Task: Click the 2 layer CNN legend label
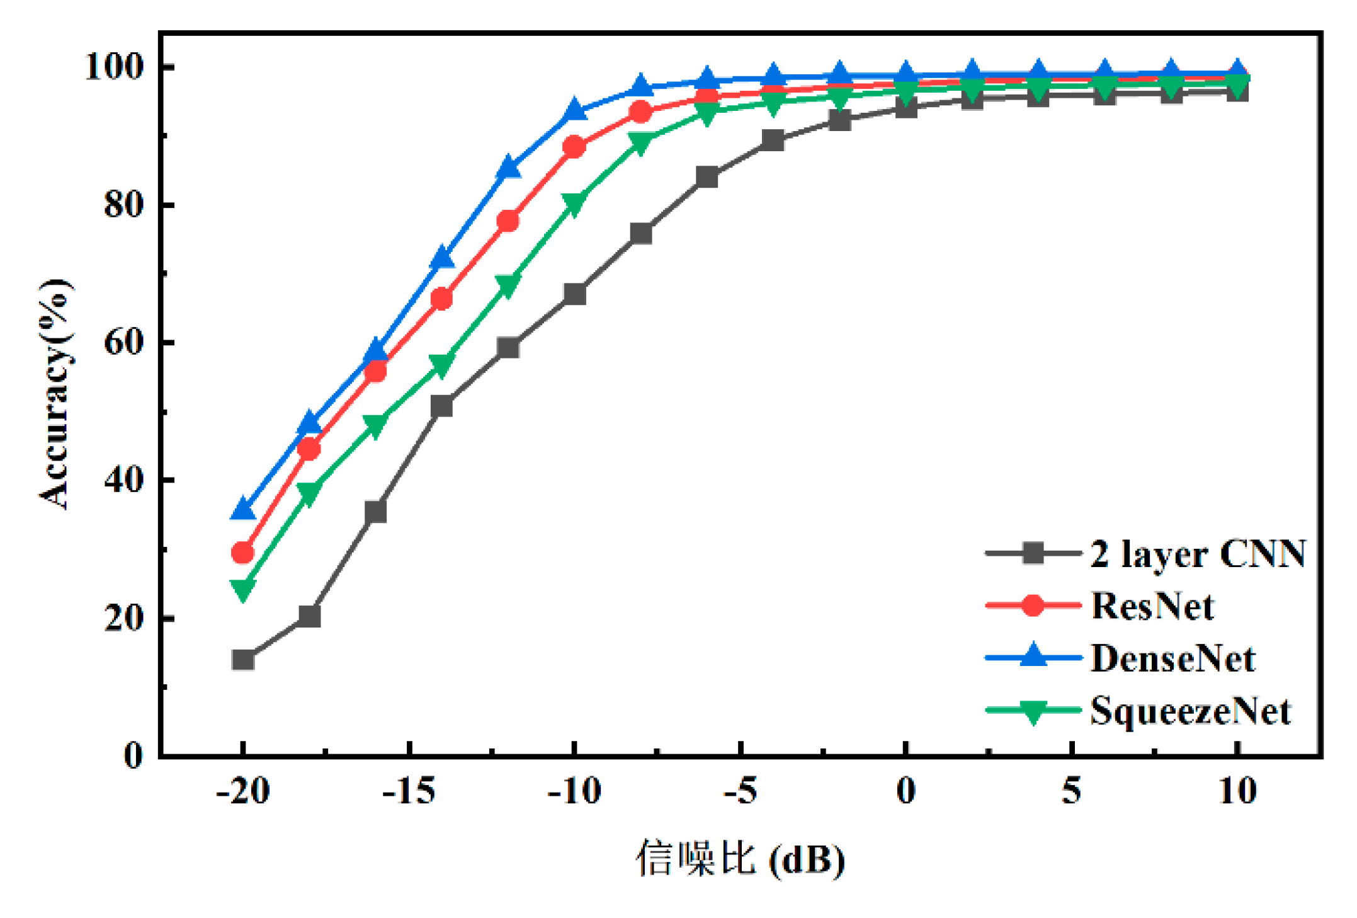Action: click(1198, 554)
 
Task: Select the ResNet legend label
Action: click(1152, 606)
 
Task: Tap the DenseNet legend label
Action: click(1172, 658)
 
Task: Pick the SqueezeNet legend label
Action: click(1190, 711)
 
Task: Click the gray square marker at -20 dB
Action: click(243, 660)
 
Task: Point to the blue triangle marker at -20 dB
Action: click(243, 508)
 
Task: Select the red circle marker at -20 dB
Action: click(243, 553)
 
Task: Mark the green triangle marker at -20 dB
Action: click(243, 588)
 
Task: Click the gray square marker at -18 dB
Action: click(309, 616)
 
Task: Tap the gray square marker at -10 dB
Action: click(574, 294)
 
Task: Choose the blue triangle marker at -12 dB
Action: click(508, 168)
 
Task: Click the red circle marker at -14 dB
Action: click(442, 299)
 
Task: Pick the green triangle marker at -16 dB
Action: click(375, 425)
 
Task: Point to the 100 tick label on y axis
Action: click(114, 67)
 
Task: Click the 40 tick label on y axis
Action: click(123, 480)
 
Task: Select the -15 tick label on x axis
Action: click(409, 791)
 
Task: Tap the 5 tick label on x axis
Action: click(1072, 791)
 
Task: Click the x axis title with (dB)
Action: click(741, 858)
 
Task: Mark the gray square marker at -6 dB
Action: click(707, 178)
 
